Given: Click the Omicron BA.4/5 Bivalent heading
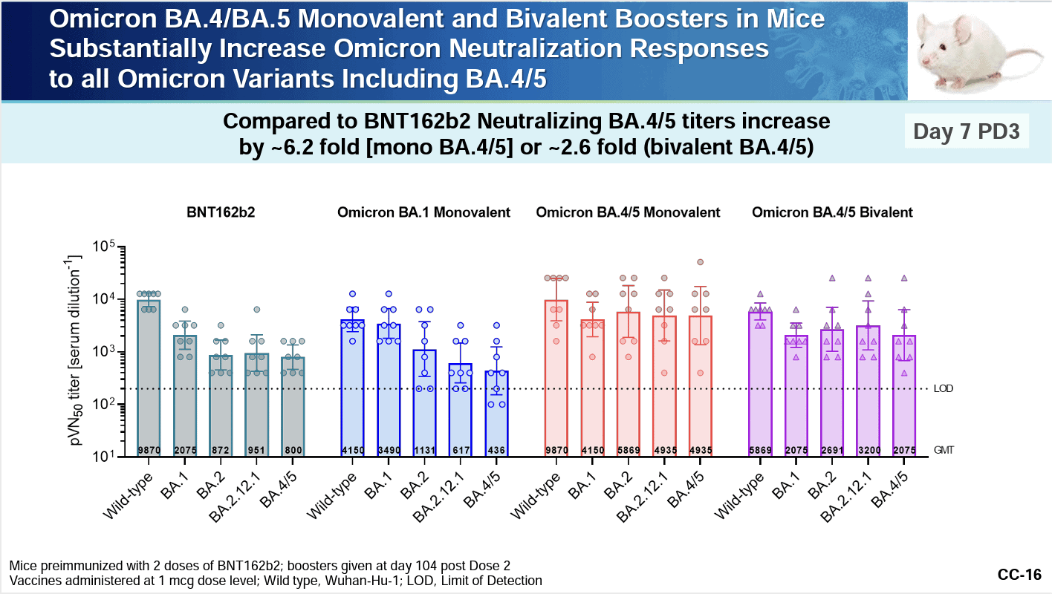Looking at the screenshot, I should (832, 212).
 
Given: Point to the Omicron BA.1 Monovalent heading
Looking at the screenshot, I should (423, 212).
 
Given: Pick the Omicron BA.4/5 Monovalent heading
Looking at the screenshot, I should (628, 212).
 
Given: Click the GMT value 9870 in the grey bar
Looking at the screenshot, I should (149, 450).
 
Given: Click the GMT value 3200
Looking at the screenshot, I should (868, 450).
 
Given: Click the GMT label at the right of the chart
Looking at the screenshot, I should (944, 450).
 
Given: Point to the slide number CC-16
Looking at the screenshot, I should (1019, 575).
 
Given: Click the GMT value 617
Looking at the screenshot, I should (461, 450).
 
